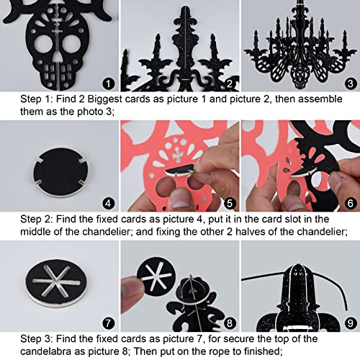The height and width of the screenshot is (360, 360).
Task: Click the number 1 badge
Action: pyautogui.click(x=108, y=84)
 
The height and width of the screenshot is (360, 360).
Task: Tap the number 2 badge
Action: pyautogui.click(x=230, y=84)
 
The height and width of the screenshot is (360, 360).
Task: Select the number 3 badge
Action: pyautogui.click(x=351, y=84)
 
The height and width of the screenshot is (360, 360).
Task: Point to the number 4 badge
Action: pyautogui.click(x=108, y=204)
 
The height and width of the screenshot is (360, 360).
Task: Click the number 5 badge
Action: pyautogui.click(x=230, y=204)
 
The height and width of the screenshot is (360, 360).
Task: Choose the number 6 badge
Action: pyautogui.click(x=351, y=204)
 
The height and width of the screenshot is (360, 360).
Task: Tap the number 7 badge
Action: pyautogui.click(x=108, y=323)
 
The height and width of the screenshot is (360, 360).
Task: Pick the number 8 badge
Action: pyautogui.click(x=230, y=323)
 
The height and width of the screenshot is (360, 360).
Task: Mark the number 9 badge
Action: pyautogui.click(x=351, y=323)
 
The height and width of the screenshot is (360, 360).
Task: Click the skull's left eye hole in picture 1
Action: pyautogui.click(x=43, y=45)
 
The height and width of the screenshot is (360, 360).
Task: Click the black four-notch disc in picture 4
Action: pyautogui.click(x=60, y=172)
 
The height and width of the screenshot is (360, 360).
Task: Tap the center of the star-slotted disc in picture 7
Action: pyautogui.click(x=56, y=282)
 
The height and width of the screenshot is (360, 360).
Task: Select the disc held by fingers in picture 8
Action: pyautogui.click(x=156, y=276)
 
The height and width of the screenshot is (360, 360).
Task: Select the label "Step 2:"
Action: pyautogui.click(x=36, y=220)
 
